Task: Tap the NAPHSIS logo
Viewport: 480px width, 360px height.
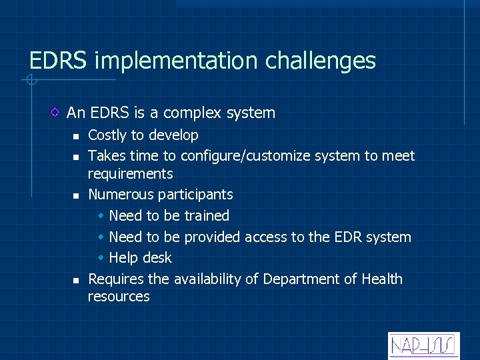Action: pos(423,345)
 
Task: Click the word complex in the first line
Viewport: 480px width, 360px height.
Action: pos(193,113)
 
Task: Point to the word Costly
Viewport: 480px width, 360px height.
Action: pos(107,135)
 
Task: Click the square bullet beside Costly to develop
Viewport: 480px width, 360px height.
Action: pos(76,136)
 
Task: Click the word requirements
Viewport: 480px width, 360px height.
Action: pos(130,174)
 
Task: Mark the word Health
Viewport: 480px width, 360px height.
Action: pos(382,279)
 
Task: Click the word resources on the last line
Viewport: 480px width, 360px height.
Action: pos(119,297)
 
